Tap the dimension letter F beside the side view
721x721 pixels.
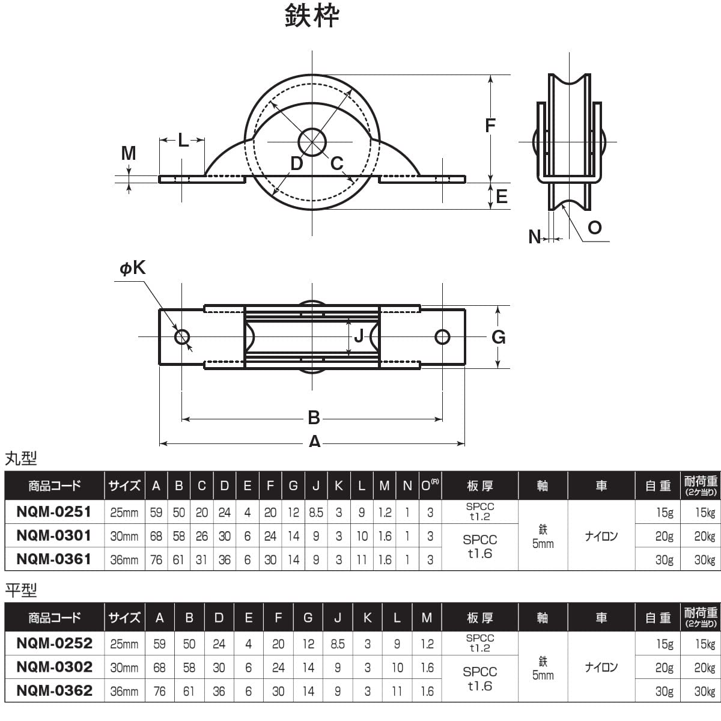490,125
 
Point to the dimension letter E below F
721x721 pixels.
502,196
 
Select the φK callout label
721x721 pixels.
132,269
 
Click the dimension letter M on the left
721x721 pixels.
129,154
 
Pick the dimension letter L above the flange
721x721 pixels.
183,141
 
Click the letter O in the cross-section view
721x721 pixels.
594,227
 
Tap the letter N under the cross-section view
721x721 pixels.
534,237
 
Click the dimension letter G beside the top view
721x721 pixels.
499,337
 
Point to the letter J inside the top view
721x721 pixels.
359,336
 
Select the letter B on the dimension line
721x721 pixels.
314,417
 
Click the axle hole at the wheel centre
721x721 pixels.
312,142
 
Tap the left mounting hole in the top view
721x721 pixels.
182,336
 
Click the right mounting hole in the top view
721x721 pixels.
443,336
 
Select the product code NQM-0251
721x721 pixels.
54,511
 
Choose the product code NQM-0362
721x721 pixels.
54,690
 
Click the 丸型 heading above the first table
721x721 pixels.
21,459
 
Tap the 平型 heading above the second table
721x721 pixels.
21,591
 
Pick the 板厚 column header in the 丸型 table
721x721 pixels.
479,485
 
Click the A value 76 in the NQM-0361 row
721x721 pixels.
156,559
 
